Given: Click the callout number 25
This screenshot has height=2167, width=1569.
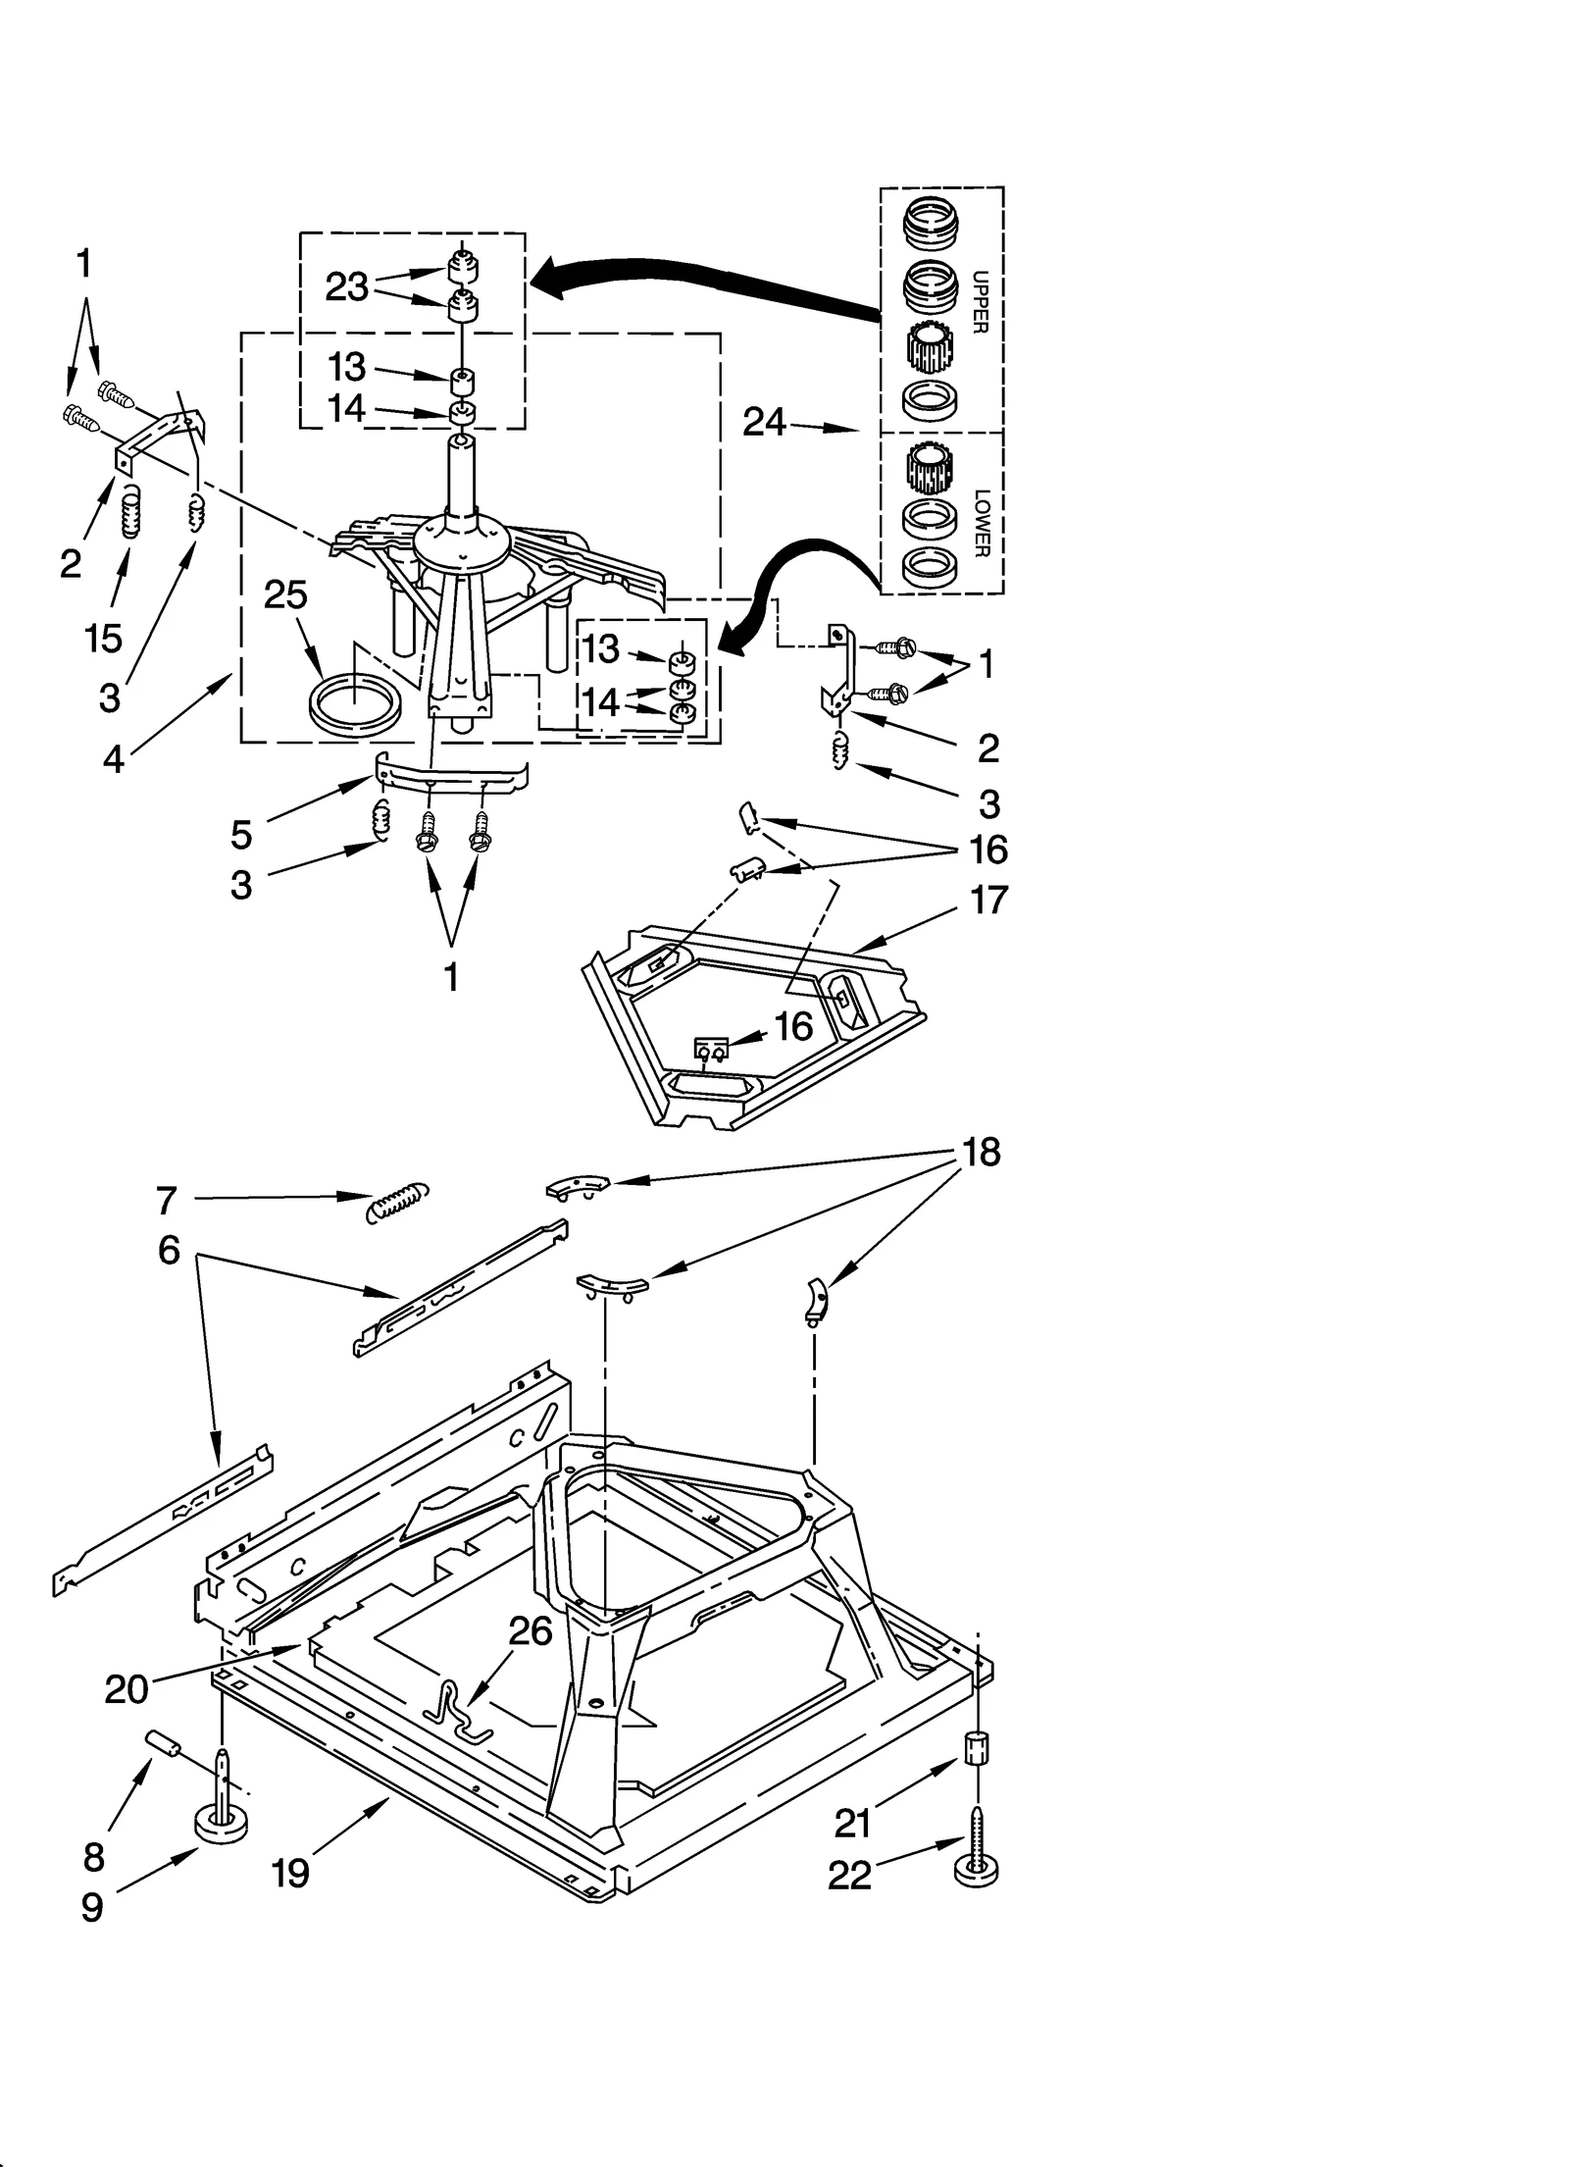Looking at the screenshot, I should click(285, 595).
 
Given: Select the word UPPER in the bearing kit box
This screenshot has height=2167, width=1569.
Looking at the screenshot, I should click(979, 302).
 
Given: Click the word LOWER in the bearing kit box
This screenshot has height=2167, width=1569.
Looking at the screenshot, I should click(982, 523).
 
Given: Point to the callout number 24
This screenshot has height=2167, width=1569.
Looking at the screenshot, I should click(764, 422).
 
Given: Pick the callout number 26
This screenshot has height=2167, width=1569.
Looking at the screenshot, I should click(531, 1630).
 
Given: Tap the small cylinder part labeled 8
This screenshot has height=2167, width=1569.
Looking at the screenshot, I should click(165, 1744).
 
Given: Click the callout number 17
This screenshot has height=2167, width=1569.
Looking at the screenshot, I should click(987, 900).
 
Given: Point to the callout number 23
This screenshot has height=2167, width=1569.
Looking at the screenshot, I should click(346, 287).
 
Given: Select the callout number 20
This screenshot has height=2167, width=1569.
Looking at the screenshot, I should click(127, 1689).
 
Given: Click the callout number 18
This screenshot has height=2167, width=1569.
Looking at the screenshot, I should click(981, 1153).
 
